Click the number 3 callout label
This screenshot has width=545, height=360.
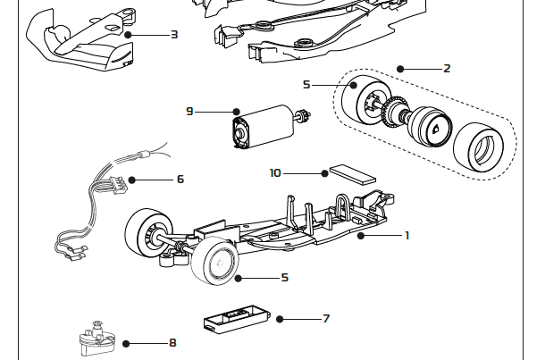[x=173, y=35]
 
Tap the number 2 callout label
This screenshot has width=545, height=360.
[x=447, y=68]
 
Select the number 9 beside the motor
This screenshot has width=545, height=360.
[x=189, y=112]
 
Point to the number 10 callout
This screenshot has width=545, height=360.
[x=275, y=172]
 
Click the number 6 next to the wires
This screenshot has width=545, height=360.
[x=180, y=179]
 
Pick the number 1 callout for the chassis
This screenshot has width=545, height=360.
[x=407, y=236]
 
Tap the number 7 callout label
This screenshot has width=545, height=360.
[x=326, y=318]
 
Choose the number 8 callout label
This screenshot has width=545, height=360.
[x=172, y=342]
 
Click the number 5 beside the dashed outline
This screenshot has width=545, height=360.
[x=306, y=85]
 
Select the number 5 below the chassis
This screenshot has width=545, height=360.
[x=284, y=278]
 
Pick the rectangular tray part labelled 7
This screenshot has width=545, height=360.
[x=235, y=319]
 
